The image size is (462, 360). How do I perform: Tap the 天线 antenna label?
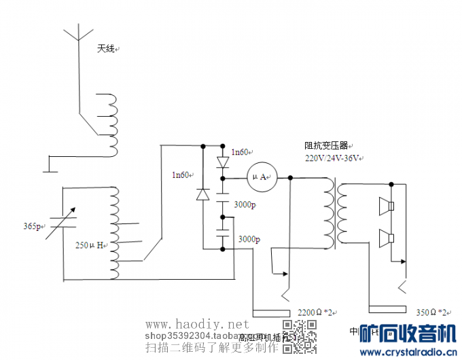[x=107, y=50]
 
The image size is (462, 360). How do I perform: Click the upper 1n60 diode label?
[x=240, y=152]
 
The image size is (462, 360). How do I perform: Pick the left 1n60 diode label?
[x=181, y=175]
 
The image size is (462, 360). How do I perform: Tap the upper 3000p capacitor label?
[x=245, y=204]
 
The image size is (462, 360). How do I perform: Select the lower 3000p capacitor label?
[x=248, y=239]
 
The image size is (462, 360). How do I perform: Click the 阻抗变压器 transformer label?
[x=326, y=145]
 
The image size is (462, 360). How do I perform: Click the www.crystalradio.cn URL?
[x=410, y=352]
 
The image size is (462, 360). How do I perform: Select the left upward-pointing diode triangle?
[x=203, y=194]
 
